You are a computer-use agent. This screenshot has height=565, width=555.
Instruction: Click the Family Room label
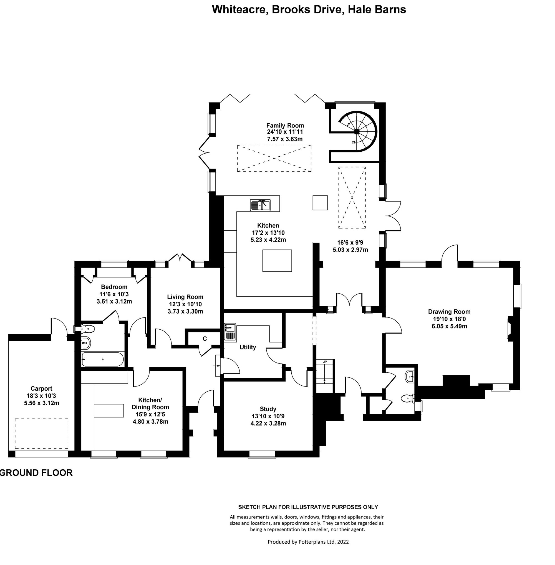pos(285,126)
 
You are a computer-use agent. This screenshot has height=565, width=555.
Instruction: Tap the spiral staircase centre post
pos(357,131)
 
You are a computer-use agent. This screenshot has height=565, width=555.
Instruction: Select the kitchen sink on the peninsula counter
pos(260,205)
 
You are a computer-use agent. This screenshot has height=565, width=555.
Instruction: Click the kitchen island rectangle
pos(277,261)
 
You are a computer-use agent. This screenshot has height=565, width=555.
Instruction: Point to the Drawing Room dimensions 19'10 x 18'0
pos(449,319)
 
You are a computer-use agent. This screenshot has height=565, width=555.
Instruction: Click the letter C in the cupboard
pos(205,339)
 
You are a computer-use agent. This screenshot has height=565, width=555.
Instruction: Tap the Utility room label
pos(248,347)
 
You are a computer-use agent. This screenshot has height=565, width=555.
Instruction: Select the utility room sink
pos(230,332)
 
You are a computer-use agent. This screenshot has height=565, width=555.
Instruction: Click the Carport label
pos(41,388)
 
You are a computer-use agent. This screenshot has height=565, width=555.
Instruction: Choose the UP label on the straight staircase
pos(324,362)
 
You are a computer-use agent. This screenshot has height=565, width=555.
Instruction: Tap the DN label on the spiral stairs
pos(354,142)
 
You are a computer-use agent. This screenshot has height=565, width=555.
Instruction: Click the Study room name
pos(268,409)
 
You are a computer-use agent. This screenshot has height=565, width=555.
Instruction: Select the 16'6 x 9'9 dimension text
pos(350,242)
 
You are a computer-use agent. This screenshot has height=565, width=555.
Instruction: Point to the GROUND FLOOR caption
pos(36,473)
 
